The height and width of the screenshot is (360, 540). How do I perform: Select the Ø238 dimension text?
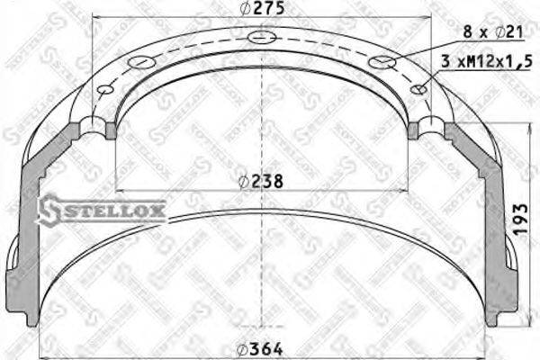[262, 180]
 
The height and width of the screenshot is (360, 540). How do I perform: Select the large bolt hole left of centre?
[142, 62]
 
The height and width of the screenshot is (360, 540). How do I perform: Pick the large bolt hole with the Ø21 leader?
[382, 62]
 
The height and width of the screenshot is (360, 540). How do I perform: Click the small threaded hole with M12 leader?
[419, 89]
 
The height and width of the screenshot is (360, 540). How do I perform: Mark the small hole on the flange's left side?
[106, 89]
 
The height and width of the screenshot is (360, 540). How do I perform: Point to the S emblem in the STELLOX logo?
[51, 209]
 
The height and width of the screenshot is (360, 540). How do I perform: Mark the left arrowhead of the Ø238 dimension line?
[120, 191]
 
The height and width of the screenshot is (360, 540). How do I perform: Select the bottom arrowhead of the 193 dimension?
[523, 319]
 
